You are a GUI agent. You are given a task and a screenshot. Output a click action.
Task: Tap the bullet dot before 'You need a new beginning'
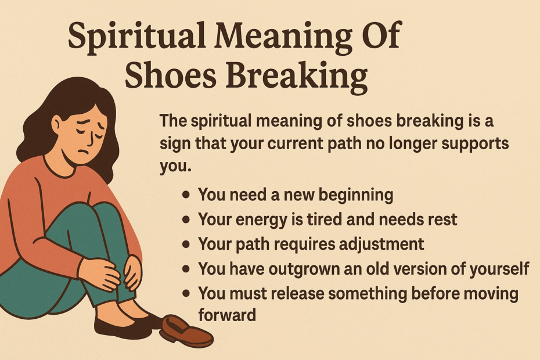coord(186,195)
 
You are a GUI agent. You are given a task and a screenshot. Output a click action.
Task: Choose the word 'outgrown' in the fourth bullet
coord(312,269)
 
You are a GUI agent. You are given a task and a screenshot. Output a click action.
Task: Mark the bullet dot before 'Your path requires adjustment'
coord(186,244)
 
